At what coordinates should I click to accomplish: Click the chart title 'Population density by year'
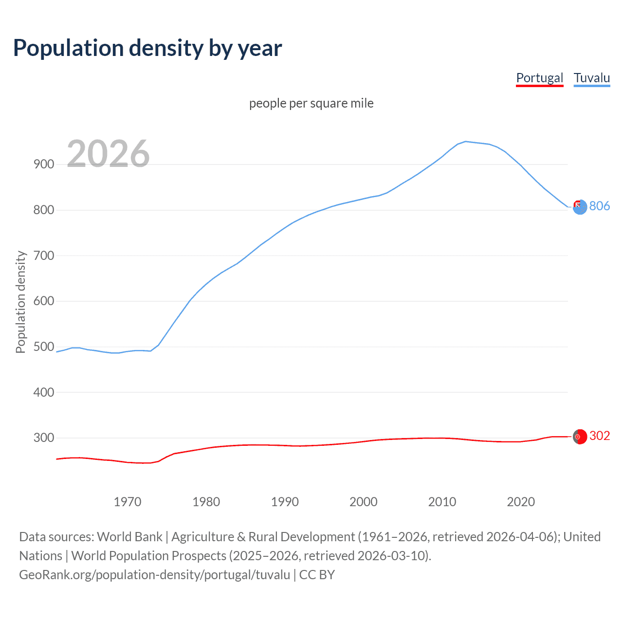pos(147,48)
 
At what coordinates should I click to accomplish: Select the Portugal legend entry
pos(539,78)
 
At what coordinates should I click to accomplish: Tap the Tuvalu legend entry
pos(591,78)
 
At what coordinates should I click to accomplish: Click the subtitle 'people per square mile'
pos(311,103)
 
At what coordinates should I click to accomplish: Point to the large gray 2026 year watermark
pos(108,154)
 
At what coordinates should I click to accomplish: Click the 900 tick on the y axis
pos(44,165)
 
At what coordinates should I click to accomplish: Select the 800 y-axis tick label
pos(44,210)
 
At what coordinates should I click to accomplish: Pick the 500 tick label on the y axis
pos(44,347)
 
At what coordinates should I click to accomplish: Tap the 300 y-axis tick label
pos(44,438)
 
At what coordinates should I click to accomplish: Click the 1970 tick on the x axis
pos(128,502)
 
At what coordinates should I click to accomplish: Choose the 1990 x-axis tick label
pos(285,502)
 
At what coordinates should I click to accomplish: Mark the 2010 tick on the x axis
pos(442,502)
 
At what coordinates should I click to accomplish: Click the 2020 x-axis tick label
pos(521,502)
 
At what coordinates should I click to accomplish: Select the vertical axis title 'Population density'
pos(20,302)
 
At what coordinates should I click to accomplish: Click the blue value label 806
pos(600,206)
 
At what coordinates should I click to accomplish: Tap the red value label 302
pos(600,436)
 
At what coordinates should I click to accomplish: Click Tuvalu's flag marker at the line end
pos(580,207)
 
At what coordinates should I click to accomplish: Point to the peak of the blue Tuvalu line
pos(466,142)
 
